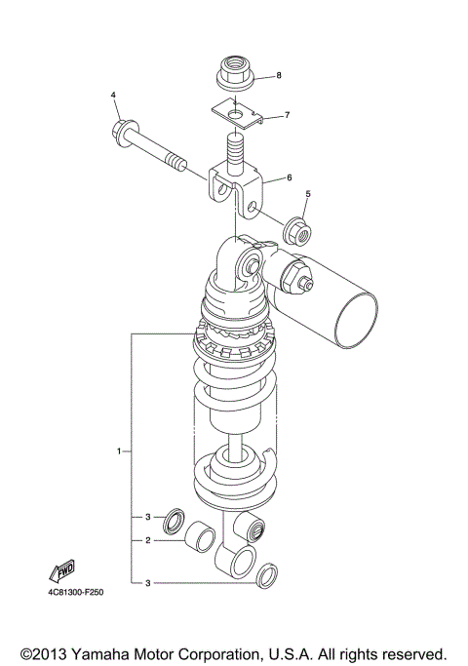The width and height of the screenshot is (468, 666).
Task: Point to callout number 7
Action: pyautogui.click(x=288, y=115)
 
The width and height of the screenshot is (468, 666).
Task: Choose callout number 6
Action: pyautogui.click(x=290, y=178)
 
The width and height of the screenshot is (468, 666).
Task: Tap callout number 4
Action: pyautogui.click(x=113, y=95)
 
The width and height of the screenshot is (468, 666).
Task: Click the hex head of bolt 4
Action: pyautogui.click(x=123, y=128)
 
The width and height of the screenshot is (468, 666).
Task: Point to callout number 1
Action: pyautogui.click(x=119, y=451)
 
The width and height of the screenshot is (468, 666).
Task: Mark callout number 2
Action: pyautogui.click(x=146, y=539)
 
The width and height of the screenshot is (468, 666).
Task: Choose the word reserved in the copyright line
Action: pyautogui.click(x=412, y=652)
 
